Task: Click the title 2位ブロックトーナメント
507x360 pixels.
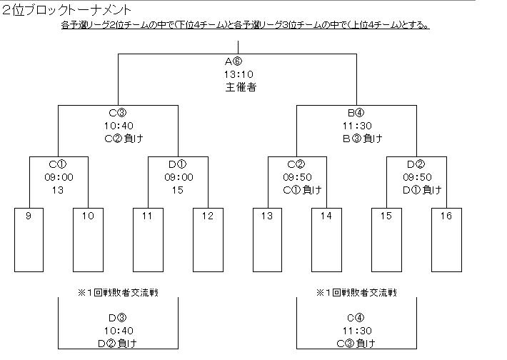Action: (66, 10)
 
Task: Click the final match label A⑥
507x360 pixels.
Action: (234, 61)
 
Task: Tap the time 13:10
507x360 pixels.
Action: (239, 74)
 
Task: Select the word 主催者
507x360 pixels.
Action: (241, 87)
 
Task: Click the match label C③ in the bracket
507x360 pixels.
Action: (117, 113)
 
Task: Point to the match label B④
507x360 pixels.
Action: (356, 113)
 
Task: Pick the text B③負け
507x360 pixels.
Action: (363, 139)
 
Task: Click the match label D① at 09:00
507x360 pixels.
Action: (178, 164)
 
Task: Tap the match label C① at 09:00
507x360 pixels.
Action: (58, 164)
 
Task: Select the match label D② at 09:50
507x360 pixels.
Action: (416, 164)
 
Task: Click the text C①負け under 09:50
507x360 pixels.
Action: (302, 190)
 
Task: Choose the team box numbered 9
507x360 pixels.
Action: (29, 240)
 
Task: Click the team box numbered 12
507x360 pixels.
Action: (208, 240)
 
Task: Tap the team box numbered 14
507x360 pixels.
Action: (326, 240)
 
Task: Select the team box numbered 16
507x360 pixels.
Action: (446, 240)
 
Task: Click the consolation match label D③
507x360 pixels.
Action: (117, 318)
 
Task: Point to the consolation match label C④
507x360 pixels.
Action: (356, 318)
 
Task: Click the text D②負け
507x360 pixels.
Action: (117, 344)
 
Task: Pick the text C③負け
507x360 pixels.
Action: (356, 344)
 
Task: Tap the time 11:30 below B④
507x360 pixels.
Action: (357, 126)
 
